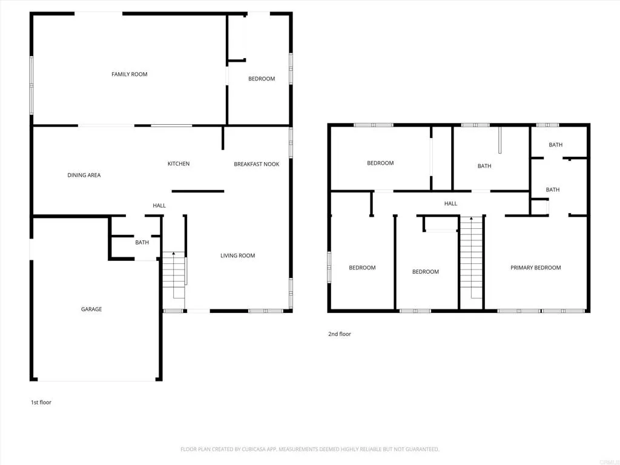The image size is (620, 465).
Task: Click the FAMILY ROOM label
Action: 130,74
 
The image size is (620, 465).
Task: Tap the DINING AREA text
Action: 84,176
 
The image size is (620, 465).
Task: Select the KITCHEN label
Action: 179,164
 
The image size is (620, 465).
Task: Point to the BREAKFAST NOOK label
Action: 257,164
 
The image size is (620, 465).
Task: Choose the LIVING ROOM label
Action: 237,256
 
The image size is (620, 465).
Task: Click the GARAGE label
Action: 91,309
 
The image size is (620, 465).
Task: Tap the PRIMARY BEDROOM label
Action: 535,268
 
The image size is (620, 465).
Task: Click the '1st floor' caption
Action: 41,402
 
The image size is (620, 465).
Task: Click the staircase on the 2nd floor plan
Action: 471,260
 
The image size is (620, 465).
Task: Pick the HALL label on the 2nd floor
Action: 450,204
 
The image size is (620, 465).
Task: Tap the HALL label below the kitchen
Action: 159,206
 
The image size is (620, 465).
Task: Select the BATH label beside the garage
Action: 142,243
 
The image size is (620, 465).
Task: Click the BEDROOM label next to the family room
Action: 262,79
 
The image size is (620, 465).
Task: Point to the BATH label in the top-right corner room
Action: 555,145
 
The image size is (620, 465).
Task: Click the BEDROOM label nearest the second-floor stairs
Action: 426,272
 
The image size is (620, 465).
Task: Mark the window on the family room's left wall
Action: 31,85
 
